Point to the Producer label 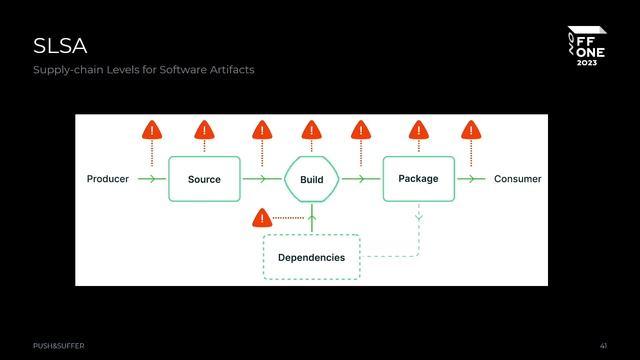coord(108,179)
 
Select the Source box coord(204,179)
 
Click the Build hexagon coord(311,179)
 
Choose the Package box coord(418,179)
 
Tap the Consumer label coord(518,179)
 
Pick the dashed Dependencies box coord(311,257)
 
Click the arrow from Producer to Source coord(151,179)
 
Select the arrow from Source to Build coord(262,179)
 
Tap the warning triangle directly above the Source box coord(204,130)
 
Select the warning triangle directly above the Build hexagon coord(311,130)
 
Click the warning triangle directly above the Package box coord(418,130)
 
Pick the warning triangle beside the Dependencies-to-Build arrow coord(262,217)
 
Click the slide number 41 coord(603,345)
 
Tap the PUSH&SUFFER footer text coord(58,345)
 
